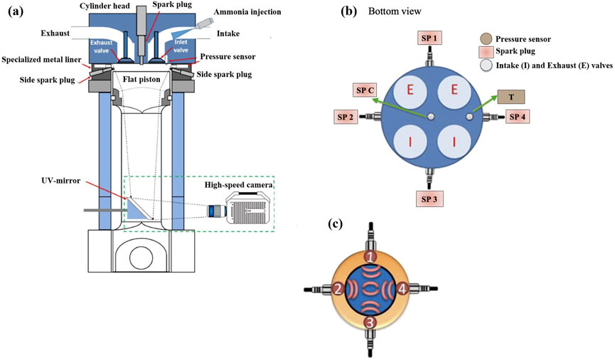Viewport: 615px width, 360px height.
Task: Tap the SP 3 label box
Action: point(429,197)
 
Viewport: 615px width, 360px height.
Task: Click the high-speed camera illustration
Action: point(250,210)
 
